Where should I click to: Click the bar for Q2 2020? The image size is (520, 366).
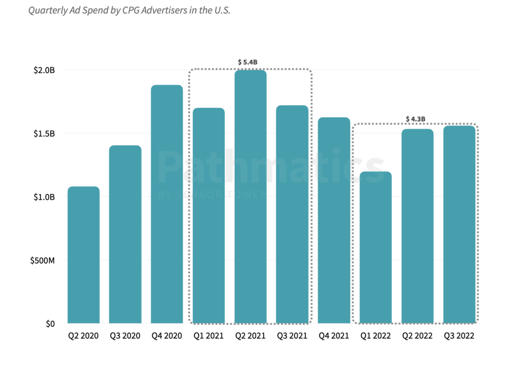pos(83,255)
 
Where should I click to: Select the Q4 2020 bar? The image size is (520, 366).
pos(167,204)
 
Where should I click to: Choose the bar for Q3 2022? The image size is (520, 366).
pos(459,224)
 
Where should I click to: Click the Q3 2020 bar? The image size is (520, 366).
pos(125,234)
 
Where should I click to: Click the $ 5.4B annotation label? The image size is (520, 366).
pos(248,62)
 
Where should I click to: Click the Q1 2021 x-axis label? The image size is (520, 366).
pos(209,336)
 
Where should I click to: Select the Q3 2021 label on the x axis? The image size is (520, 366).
pos(292,336)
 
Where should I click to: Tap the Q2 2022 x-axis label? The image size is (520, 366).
pos(417,336)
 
